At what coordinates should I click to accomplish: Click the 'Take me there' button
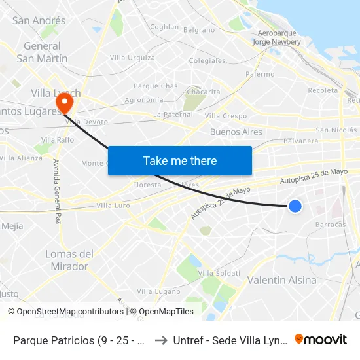pyautogui.click(x=180, y=160)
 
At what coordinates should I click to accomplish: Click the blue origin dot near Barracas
pyautogui.click(x=295, y=206)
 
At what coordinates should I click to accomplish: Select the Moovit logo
pyautogui.click(x=321, y=340)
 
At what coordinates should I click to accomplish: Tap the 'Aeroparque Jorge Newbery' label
pyautogui.click(x=277, y=37)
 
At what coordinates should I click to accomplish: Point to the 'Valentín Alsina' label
pyautogui.click(x=282, y=280)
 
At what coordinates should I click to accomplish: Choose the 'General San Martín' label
pyautogui.click(x=42, y=52)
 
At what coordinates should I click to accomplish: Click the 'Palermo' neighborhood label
pyautogui.click(x=260, y=74)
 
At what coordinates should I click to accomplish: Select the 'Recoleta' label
pyautogui.click(x=322, y=90)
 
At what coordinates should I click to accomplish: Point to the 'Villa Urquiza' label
pyautogui.click(x=132, y=58)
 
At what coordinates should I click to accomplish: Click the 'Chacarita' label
pyautogui.click(x=203, y=92)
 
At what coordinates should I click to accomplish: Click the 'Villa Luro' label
pyautogui.click(x=113, y=206)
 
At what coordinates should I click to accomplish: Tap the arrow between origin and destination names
pyautogui.click(x=161, y=340)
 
